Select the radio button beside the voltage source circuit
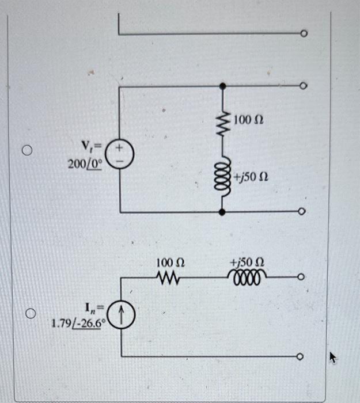point(25,151)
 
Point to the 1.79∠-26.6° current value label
point(76,322)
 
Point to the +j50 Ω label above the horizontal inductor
point(247,264)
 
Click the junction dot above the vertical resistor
point(223,86)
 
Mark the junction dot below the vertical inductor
point(223,212)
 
